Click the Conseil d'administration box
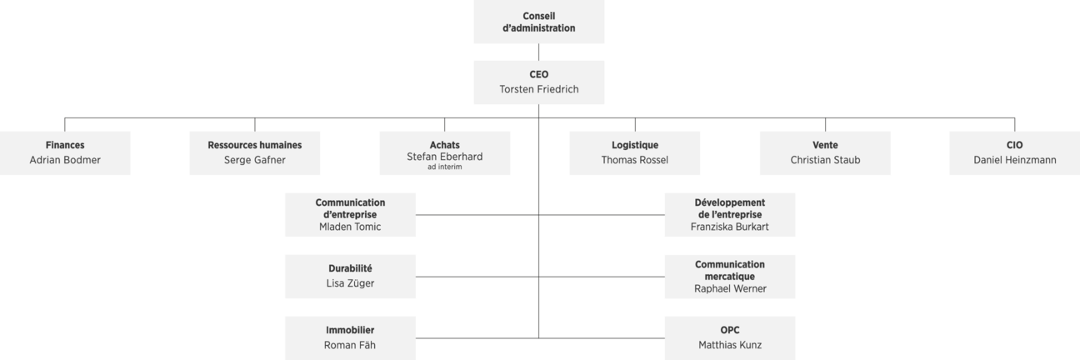538,22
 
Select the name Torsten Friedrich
538,89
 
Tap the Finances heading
65,145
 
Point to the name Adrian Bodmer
65,160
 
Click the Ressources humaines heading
254,145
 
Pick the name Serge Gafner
254,160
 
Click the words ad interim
444,167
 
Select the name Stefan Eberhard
444,157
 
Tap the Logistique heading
635,145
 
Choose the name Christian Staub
825,160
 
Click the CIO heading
1014,145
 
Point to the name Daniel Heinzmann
1014,160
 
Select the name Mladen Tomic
350,227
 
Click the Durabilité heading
350,268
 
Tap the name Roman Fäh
350,345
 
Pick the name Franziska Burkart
729,227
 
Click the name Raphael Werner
730,288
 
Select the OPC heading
730,330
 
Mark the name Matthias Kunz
730,345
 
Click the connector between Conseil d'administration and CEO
538,52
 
